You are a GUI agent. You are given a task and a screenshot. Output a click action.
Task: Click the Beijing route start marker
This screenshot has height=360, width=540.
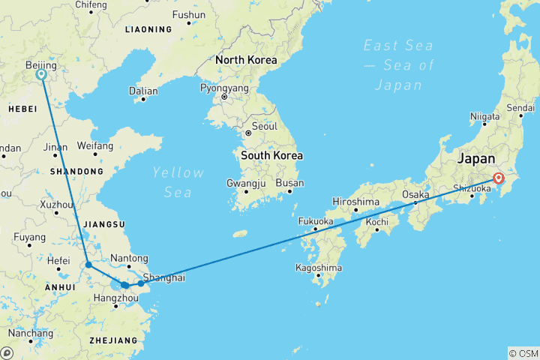[x=41, y=74]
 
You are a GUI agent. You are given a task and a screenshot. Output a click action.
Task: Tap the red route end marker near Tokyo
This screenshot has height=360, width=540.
[x=498, y=178]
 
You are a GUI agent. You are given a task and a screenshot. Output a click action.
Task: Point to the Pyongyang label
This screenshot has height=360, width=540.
[x=223, y=88]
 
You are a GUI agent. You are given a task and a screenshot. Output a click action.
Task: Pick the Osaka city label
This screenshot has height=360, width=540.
[x=415, y=194]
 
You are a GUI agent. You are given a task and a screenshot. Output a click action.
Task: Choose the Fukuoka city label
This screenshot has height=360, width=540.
[x=315, y=221]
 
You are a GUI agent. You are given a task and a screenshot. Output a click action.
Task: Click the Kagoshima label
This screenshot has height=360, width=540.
[x=319, y=268]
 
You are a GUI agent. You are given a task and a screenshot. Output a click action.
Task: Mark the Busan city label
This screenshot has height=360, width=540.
[x=290, y=183]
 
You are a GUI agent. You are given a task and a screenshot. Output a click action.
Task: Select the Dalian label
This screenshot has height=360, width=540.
[x=143, y=91]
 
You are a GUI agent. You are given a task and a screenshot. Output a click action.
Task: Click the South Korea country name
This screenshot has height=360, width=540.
[x=271, y=156]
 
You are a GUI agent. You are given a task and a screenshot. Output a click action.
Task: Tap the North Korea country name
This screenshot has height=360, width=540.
[x=246, y=60]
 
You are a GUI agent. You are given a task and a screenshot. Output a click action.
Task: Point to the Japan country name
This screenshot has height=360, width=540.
[x=476, y=158]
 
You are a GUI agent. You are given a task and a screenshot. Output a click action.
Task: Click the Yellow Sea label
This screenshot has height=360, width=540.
[x=178, y=182]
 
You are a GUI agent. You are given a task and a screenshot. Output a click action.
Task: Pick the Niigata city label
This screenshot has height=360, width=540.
[x=484, y=116]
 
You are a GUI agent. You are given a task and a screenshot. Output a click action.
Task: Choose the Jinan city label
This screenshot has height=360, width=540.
[x=56, y=147]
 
